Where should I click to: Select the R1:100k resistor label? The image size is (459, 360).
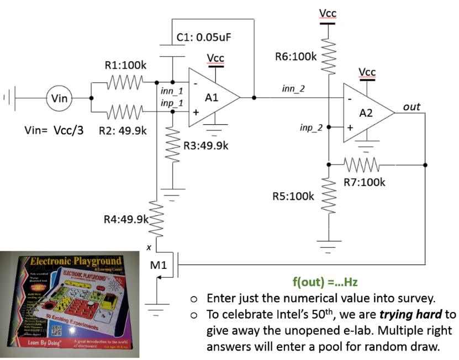(125, 65)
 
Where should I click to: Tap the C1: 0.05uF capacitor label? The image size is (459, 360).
(204, 38)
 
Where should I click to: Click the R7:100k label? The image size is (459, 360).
(364, 182)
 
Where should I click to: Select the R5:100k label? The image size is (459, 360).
(294, 196)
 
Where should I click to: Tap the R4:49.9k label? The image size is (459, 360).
(125, 219)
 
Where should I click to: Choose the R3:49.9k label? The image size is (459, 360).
(205, 146)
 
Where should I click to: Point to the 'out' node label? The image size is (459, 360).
(412, 107)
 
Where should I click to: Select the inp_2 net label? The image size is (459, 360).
(310, 128)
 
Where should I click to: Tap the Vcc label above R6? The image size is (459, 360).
(328, 13)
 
